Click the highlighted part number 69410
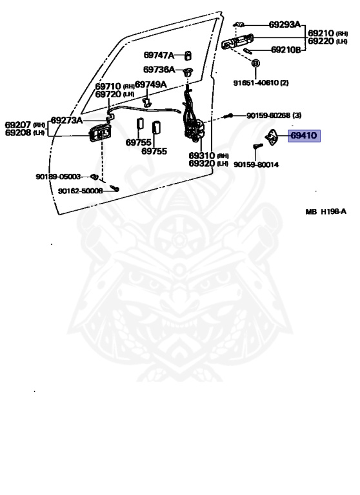[304, 136]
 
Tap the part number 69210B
[286, 50]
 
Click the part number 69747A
[159, 55]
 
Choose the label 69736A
[159, 70]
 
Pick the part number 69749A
[151, 84]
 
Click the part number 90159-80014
[256, 165]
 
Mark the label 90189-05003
[58, 176]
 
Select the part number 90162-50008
[80, 191]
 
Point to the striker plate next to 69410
[273, 137]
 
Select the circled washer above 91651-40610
[255, 64]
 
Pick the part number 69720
[108, 94]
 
